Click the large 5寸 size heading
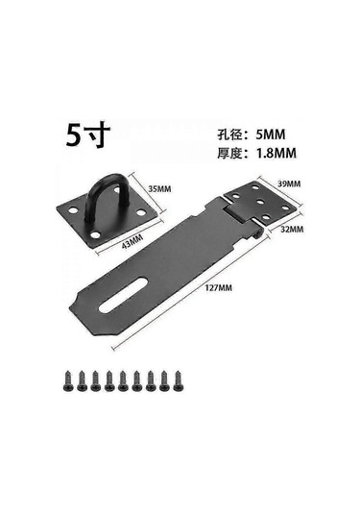[88, 135]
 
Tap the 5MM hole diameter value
[271, 135]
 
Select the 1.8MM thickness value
[276, 153]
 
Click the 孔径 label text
[229, 135]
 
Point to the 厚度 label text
[229, 154]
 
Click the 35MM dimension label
[159, 189]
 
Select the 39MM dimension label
[289, 184]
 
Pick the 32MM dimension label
[292, 229]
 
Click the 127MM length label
[219, 288]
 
